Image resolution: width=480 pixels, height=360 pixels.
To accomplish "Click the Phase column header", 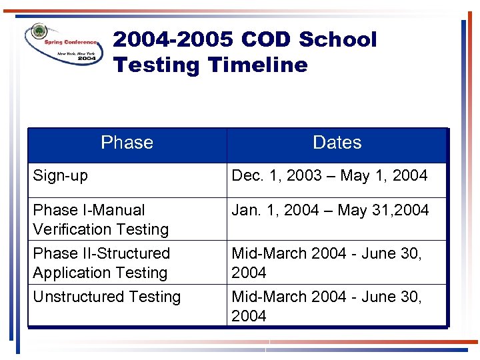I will click(127, 143).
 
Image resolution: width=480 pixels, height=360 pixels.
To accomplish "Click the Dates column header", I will click(337, 143).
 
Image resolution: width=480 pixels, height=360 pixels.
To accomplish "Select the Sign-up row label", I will click(60, 176).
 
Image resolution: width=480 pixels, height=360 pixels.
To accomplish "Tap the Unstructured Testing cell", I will click(107, 297).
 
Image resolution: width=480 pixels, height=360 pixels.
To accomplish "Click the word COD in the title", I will click(266, 40).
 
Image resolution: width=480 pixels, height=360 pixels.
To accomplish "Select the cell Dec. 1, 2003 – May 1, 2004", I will click(329, 176).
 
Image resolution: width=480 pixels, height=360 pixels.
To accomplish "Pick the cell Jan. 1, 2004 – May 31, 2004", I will click(330, 211).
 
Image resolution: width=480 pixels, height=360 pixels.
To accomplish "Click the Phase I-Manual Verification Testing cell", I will click(100, 219).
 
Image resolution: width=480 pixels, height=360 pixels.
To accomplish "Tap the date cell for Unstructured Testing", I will click(327, 306).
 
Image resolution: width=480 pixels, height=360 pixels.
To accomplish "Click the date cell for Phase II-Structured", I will click(327, 263).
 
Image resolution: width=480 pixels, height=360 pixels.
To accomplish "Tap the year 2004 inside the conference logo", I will click(86, 58).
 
